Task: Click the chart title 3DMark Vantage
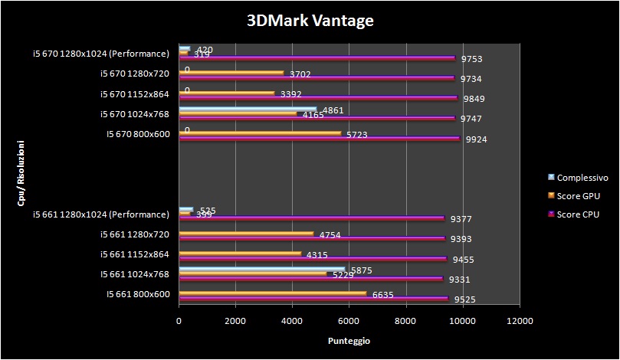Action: point(310,21)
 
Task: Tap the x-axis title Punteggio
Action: point(349,340)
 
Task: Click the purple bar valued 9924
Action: point(319,139)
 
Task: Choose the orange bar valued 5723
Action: point(260,133)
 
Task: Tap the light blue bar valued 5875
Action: point(262,269)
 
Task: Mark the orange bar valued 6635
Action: point(272,293)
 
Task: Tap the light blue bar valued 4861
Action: point(248,109)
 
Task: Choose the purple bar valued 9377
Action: point(311,218)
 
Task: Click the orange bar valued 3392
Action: point(227,93)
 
